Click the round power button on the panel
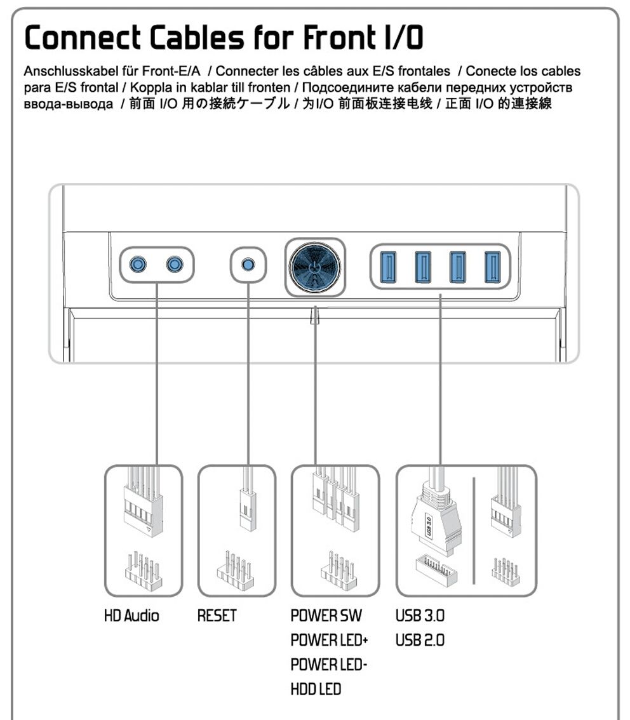coord(315,268)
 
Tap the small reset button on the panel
coord(248,265)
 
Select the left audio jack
coord(138,265)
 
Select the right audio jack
coord(175,265)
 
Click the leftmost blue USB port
coord(388,267)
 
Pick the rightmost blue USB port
coord(493,267)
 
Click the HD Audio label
coord(132,615)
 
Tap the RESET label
coord(217,615)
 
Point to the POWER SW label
coord(326,615)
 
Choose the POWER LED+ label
coord(329,640)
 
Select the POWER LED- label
coord(329,664)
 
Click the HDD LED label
coord(316,690)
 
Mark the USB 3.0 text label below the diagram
coord(420,615)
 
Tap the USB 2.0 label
coord(420,640)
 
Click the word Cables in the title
coord(197,37)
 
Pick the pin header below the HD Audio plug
coord(144,571)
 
